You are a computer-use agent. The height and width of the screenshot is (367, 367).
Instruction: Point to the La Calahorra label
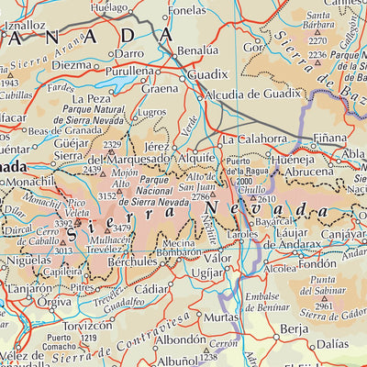(255, 139)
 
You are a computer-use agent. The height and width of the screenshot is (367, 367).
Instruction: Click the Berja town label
(294, 328)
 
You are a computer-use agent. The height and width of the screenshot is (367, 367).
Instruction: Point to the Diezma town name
(72, 65)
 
